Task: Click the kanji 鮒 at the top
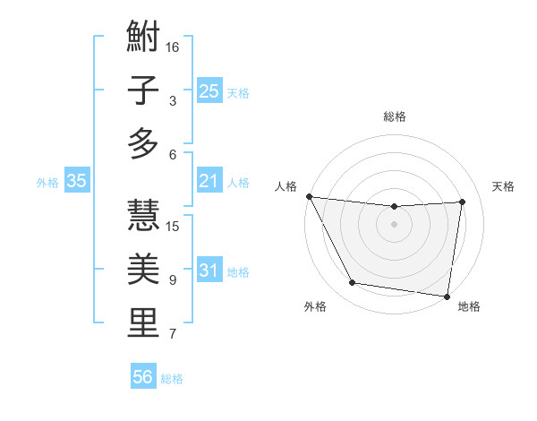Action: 143,38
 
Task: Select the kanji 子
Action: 143,90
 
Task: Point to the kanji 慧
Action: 143,215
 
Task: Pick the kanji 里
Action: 143,322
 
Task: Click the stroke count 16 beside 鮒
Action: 173,47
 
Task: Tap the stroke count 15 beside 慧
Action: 173,226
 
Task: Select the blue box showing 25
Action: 209,90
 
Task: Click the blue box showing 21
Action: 209,181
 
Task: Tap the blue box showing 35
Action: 76,181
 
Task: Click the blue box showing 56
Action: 142,377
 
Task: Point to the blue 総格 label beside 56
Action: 172,379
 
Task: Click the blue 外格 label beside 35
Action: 47,183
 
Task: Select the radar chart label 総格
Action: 395,116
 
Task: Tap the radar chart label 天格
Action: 504,186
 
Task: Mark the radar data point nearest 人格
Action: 309,196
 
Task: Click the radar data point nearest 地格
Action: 447,296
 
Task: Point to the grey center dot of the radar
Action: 394,224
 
